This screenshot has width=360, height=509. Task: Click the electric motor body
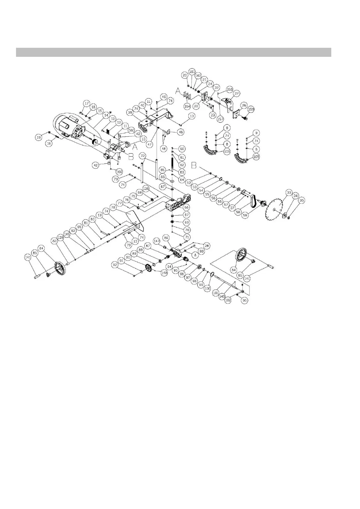pyautogui.click(x=67, y=127)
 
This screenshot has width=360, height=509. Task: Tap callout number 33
pyautogui.click(x=289, y=193)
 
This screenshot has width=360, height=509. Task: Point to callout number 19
pyautogui.click(x=38, y=137)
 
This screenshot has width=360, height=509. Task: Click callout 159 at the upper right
pyautogui.click(x=251, y=109)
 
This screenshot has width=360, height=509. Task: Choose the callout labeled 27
pyautogui.click(x=237, y=93)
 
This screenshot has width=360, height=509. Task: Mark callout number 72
pyautogui.click(x=143, y=156)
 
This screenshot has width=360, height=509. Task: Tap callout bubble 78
pyautogui.click(x=113, y=208)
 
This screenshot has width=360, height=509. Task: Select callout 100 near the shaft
pyautogui.click(x=207, y=288)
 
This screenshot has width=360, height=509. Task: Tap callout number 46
pyautogui.click(x=180, y=132)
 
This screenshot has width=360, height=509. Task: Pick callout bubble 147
pyautogui.click(x=156, y=241)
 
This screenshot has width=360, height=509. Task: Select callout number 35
pyautogui.click(x=301, y=200)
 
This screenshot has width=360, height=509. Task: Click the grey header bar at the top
pyautogui.click(x=174, y=52)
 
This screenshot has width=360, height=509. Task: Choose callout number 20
pyautogui.click(x=185, y=75)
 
